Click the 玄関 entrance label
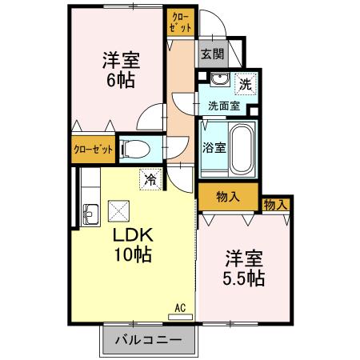coord(212,55)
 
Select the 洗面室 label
coord(224,105)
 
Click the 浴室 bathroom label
coord(214,147)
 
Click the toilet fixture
coord(136,149)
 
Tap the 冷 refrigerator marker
coord(150,181)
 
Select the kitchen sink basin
coord(90,213)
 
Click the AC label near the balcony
coord(180,306)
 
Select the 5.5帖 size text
coord(243,279)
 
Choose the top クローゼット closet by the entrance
coord(180,22)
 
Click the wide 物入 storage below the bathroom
coord(228,195)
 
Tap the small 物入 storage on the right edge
coord(274,205)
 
